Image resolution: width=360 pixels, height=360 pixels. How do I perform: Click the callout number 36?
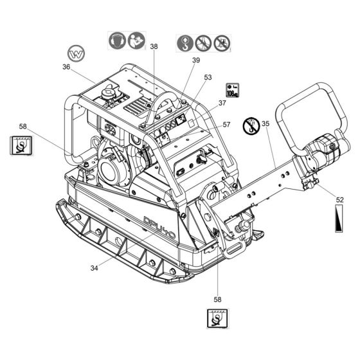(66, 67)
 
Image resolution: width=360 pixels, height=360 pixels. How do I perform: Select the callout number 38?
(154, 46)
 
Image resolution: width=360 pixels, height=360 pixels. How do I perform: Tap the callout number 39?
(196, 60)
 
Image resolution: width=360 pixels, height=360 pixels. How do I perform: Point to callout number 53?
(208, 77)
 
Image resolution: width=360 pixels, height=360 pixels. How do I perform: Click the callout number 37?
(222, 103)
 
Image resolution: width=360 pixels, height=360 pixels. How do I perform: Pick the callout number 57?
(226, 125)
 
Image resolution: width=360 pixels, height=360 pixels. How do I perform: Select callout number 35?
(265, 123)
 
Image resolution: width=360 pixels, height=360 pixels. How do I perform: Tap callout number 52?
(340, 200)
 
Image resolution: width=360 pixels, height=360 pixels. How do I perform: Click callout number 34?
(94, 268)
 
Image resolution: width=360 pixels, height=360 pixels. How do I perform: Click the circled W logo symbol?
(76, 53)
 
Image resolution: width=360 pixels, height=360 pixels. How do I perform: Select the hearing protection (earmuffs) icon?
(117, 40)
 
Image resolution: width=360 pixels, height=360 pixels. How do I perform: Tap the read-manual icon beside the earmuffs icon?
(136, 40)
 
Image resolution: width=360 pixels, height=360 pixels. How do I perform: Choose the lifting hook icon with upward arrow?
(185, 43)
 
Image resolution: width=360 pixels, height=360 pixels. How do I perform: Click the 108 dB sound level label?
(232, 90)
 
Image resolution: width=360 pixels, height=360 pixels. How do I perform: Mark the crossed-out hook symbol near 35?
(251, 125)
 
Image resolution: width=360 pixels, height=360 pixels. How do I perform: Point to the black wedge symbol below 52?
(339, 219)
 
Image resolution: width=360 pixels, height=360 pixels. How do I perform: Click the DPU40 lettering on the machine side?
(159, 228)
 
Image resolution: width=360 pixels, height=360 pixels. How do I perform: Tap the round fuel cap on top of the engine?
(108, 93)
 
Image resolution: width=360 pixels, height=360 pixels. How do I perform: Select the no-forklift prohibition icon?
(222, 43)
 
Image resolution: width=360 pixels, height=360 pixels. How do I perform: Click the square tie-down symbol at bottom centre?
(217, 318)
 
